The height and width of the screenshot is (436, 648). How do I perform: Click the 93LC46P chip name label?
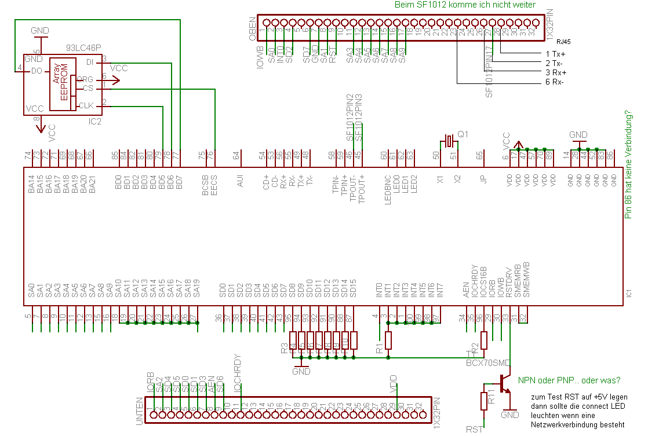tap(83, 49)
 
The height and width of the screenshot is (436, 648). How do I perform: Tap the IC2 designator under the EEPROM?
tap(94, 122)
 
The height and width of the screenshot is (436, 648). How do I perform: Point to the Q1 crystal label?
tap(463, 134)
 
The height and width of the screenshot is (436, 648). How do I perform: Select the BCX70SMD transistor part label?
tap(489, 363)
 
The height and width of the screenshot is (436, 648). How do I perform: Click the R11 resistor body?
tap(484, 401)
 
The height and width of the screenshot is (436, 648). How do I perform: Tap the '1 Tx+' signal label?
tap(555, 53)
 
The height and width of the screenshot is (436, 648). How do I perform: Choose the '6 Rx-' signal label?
tap(555, 82)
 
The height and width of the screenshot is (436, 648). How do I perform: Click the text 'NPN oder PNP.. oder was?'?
tap(569, 380)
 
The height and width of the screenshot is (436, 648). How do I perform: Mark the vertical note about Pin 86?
tap(628, 165)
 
